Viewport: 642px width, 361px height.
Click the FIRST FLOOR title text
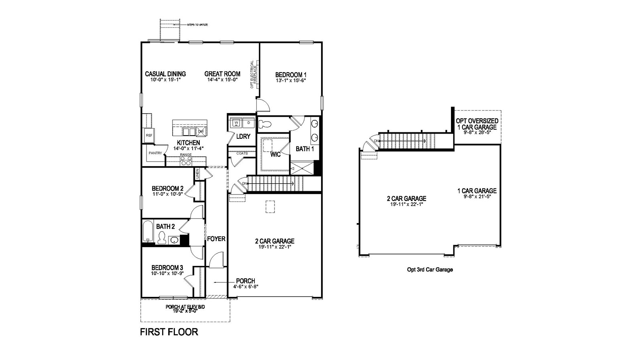169,332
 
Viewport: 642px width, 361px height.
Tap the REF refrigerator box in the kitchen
149,136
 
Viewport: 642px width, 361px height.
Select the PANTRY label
155,153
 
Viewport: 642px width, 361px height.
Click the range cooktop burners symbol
186,161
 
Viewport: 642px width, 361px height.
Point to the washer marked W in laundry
236,122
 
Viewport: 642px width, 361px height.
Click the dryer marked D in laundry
248,122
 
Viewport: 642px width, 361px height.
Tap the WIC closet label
275,154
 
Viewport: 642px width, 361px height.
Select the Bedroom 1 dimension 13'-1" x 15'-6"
291,81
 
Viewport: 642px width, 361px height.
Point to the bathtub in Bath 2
148,231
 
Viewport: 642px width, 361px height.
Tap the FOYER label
216,239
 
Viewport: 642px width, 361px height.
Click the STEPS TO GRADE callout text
197,25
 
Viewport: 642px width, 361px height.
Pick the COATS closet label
242,153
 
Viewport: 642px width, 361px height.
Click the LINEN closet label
197,174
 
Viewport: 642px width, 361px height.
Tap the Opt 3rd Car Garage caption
430,270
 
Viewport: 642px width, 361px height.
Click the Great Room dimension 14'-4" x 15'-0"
222,79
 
